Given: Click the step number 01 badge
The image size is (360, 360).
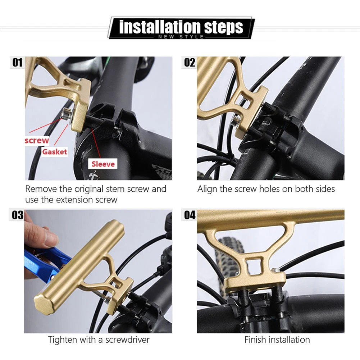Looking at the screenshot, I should pos(17,62).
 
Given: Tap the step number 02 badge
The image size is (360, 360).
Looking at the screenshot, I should pos(190,62).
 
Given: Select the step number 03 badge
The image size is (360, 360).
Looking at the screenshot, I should pos(17,215).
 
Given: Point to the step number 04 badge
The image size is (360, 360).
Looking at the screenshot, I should pos(190,215).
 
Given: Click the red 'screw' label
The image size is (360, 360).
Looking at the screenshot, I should pos(37,140).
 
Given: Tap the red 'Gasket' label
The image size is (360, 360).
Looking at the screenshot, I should pos(55,152).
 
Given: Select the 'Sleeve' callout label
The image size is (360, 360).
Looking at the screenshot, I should pos(103,164).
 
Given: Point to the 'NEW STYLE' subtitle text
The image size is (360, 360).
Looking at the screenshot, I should pos(181,37).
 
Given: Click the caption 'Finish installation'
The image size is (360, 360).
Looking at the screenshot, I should pos(277,340).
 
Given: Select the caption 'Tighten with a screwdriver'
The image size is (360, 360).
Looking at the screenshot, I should pos(99,340).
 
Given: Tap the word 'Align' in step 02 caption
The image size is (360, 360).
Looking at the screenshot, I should pos(208,189).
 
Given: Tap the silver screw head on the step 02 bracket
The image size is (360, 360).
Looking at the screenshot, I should pos(236,120).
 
